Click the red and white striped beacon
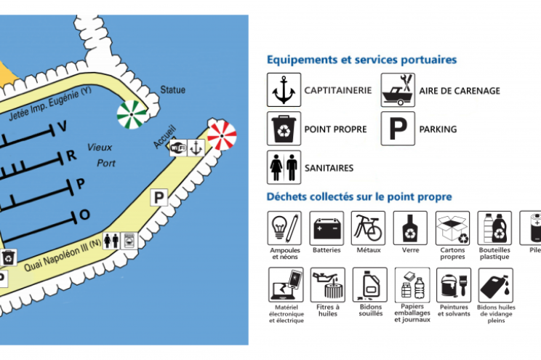point(222,135)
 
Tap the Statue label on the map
point(172,90)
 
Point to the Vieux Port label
point(101,154)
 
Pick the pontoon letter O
point(84,215)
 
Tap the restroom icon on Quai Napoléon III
point(111,241)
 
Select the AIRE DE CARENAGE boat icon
point(398,91)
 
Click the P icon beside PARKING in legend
point(398,129)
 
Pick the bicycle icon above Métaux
point(368,228)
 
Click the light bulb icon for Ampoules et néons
point(284,228)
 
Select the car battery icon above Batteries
point(326,228)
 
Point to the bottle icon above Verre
point(410,228)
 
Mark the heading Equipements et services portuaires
point(361,60)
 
